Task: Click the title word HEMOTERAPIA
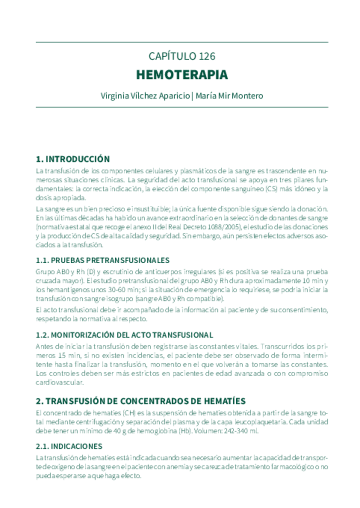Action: pos(181,75)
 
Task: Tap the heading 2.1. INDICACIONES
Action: pos(69,446)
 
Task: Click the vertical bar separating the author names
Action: pos(192,95)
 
